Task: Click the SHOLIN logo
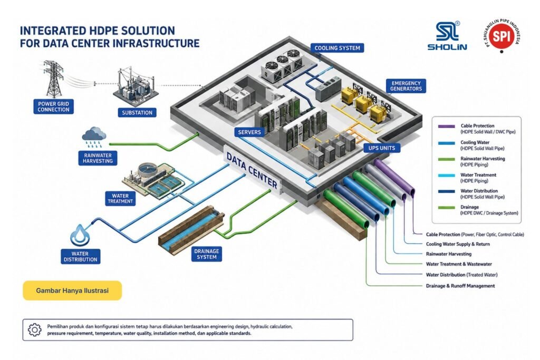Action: tap(447, 36)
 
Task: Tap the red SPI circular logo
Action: tap(501, 35)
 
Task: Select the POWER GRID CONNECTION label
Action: tap(53, 106)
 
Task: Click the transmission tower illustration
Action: tap(53, 79)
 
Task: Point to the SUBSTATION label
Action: tap(137, 113)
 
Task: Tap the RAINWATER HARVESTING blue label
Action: tap(98, 158)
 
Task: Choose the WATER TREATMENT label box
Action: tap(120, 199)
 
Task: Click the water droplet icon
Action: tap(80, 236)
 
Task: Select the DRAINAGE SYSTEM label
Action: tap(207, 254)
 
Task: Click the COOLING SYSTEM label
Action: tap(337, 48)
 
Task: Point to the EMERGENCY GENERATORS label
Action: tap(406, 86)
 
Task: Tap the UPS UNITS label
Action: tap(382, 148)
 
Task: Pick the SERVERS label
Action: tap(249, 132)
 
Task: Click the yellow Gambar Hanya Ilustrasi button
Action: tap(72, 290)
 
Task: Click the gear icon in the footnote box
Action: tap(34, 330)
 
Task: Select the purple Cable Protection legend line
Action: tap(446, 127)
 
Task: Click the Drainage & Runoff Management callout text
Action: tap(460, 286)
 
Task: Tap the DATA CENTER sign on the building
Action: tap(252, 170)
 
